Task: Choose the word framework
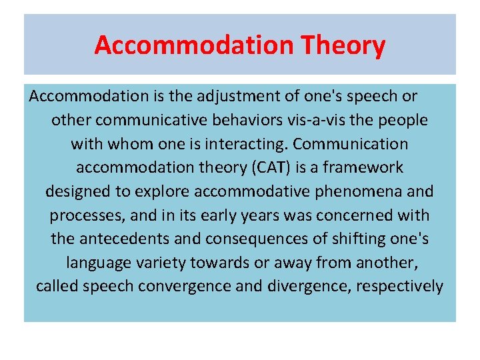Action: [370, 168]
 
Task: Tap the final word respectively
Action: [403, 287]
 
